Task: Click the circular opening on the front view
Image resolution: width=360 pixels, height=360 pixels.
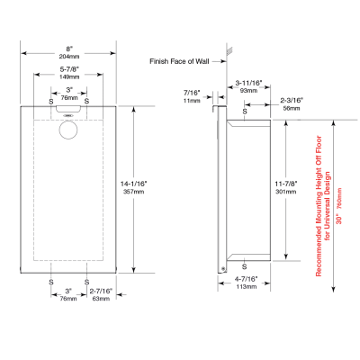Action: pos(68,129)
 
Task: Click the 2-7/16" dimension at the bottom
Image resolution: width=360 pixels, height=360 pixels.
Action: pos(101,291)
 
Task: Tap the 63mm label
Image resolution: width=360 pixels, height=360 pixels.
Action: pos(101,299)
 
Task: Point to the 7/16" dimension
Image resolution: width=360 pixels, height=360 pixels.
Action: pos(192,92)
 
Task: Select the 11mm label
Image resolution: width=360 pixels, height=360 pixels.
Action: pos(192,100)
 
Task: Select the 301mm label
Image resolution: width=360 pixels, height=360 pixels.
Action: pos(287,192)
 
